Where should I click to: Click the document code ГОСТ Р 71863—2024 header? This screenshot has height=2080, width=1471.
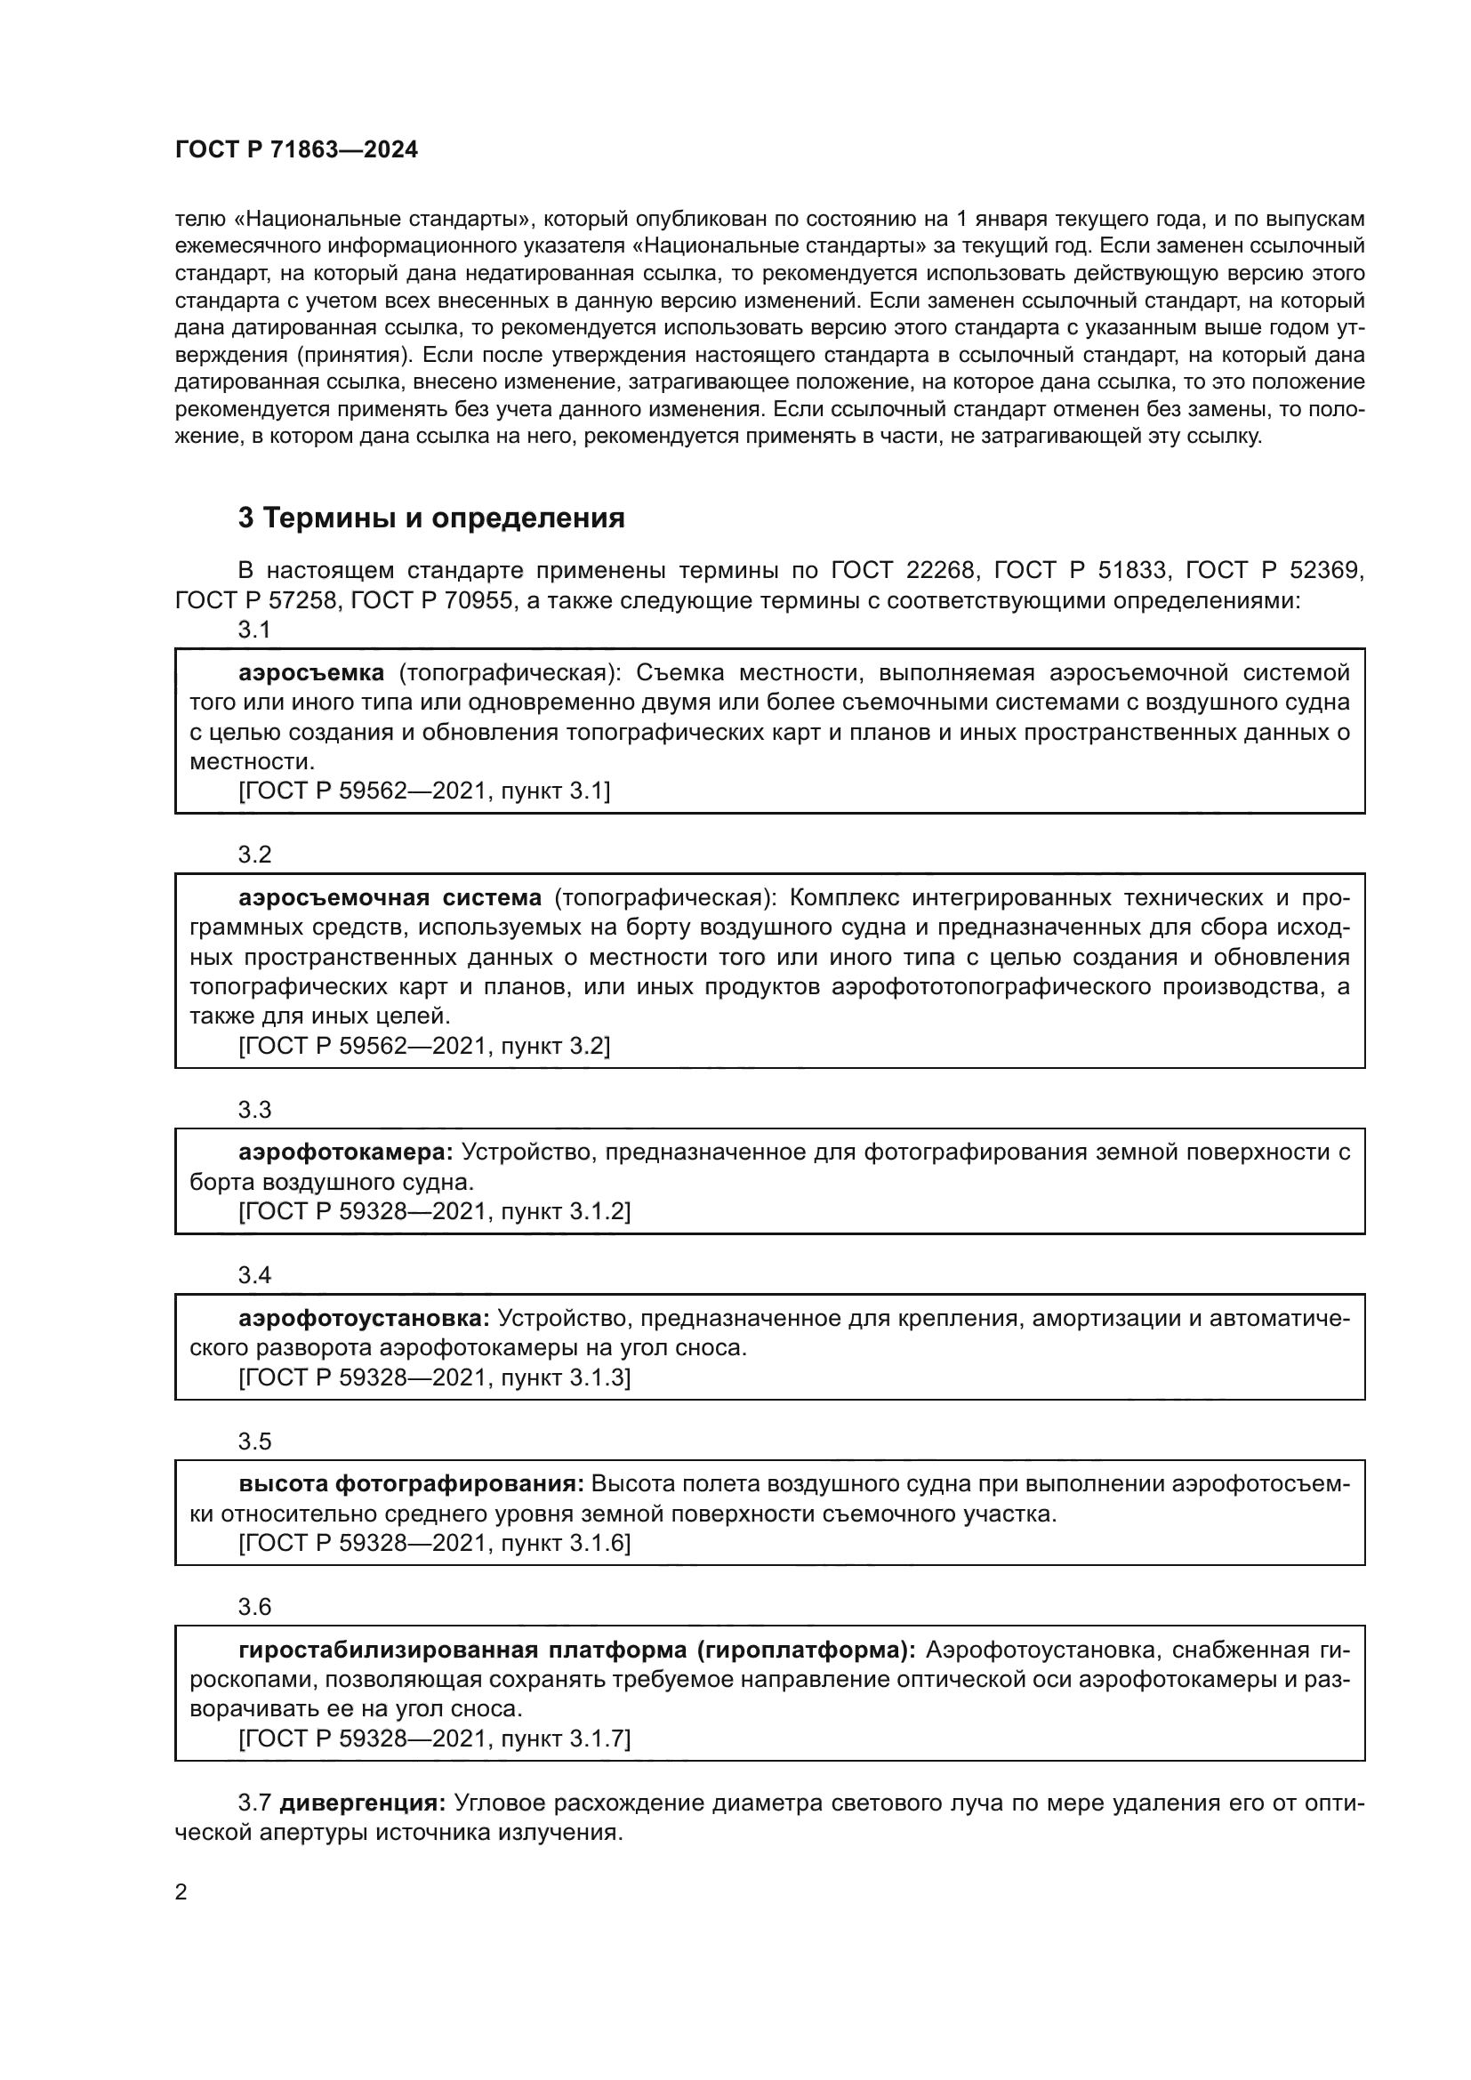click(x=296, y=150)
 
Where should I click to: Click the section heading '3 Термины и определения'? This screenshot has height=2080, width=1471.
click(x=431, y=518)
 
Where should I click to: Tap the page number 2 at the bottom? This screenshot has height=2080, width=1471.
click(x=181, y=1892)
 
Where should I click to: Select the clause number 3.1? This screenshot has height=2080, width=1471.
click(x=254, y=630)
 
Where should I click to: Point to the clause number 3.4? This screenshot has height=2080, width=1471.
click(x=254, y=1275)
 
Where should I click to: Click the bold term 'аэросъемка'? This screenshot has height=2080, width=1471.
click(x=311, y=672)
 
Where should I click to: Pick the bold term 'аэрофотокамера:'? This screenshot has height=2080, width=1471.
click(x=346, y=1152)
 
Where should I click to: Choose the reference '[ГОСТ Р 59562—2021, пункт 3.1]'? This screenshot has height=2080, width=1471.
click(x=424, y=791)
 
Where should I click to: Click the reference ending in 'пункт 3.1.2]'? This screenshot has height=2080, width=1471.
click(x=434, y=1211)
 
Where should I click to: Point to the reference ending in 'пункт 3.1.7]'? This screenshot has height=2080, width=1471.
click(x=434, y=1739)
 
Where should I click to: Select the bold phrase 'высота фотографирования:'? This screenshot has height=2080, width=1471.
click(x=411, y=1484)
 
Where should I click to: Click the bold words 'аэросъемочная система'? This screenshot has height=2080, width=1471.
click(x=390, y=898)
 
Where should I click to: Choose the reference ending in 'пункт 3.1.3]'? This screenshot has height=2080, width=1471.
click(x=434, y=1377)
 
